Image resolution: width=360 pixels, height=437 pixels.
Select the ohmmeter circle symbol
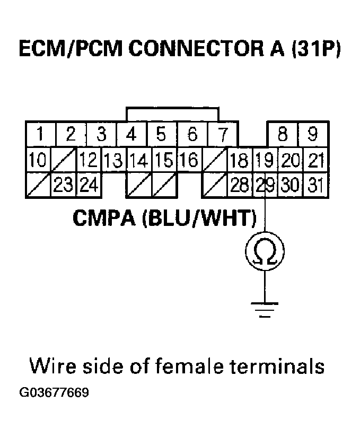[x=264, y=250]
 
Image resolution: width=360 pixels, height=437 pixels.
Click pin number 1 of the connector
[x=40, y=135]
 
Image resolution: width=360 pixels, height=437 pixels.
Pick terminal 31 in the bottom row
[x=315, y=185]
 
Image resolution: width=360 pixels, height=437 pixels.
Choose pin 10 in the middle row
[x=38, y=160]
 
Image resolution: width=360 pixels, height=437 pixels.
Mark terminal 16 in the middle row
[x=188, y=160]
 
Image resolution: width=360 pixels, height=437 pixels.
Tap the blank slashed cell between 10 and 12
[x=64, y=160]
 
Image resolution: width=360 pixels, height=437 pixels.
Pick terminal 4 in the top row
[x=131, y=135]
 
